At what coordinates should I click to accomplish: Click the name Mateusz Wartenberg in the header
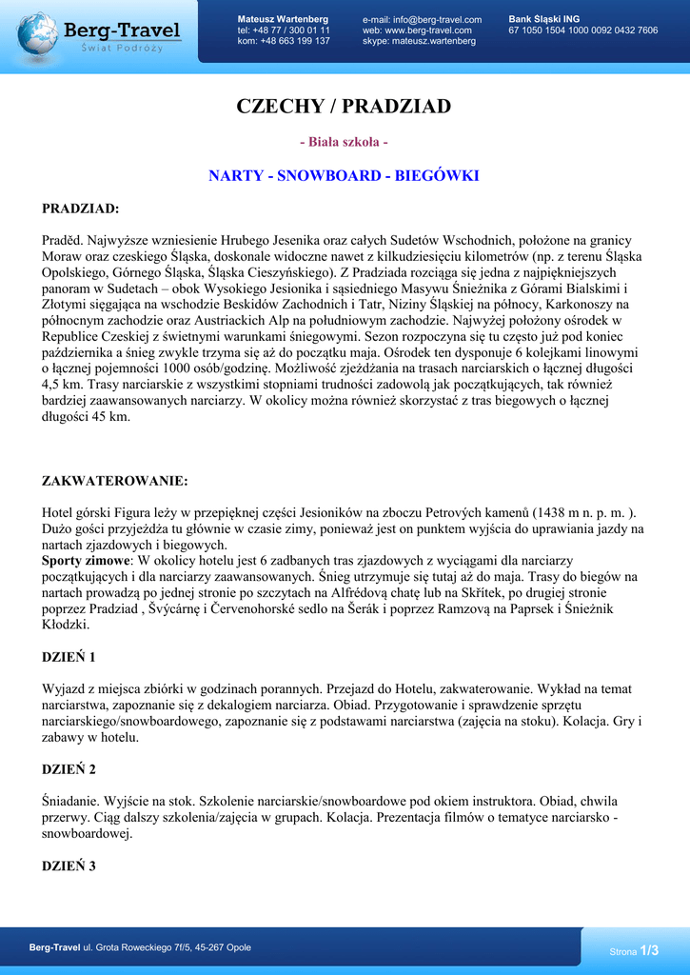pos(283,19)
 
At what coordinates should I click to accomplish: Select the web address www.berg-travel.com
pos(428,30)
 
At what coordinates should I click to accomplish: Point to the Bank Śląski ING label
pos(544,19)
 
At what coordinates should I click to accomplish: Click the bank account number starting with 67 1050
pos(582,30)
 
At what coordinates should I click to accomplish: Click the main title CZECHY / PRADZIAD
pos(344,106)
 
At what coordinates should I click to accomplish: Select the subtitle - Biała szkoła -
pos(344,142)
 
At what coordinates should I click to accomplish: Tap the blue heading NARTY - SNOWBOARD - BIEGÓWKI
pos(344,176)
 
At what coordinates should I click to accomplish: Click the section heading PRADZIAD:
pos(81,209)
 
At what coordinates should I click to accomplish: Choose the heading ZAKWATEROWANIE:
pos(115,481)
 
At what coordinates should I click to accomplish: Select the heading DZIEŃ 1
pos(69,657)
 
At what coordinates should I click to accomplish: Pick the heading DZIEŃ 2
pos(69,768)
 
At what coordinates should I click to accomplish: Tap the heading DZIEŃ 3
pos(69,866)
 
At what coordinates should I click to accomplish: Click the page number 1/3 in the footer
pos(649,950)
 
